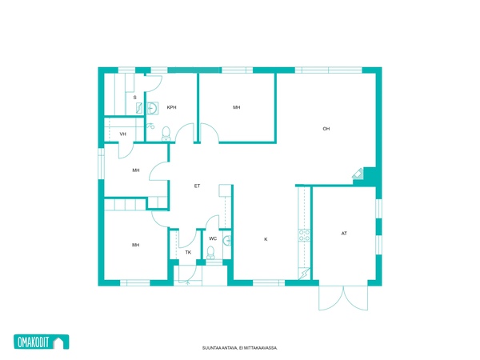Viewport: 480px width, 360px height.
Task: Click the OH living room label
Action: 326,129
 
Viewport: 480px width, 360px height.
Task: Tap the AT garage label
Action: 344,234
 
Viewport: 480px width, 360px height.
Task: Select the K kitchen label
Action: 266,239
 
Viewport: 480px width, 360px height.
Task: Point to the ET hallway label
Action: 197,186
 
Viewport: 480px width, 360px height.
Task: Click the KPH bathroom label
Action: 171,107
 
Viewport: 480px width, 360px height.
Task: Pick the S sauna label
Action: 134,98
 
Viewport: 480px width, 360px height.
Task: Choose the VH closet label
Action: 122,134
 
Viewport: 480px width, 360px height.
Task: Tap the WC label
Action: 213,238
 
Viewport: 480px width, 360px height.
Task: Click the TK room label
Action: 188,253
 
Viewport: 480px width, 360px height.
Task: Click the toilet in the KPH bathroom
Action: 166,134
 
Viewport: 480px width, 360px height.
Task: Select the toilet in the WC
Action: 210,253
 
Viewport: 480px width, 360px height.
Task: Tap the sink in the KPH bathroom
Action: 153,108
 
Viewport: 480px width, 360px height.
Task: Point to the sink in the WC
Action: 227,241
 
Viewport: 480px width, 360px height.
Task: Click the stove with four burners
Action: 304,235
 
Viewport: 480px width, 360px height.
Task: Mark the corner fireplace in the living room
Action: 358,174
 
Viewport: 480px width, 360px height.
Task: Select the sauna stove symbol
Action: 139,108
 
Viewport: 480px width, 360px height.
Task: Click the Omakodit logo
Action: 42,342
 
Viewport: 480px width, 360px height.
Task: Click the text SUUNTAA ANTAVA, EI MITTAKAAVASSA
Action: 240,348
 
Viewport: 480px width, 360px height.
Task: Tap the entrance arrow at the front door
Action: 188,282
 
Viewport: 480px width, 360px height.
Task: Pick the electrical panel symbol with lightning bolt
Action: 304,274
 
